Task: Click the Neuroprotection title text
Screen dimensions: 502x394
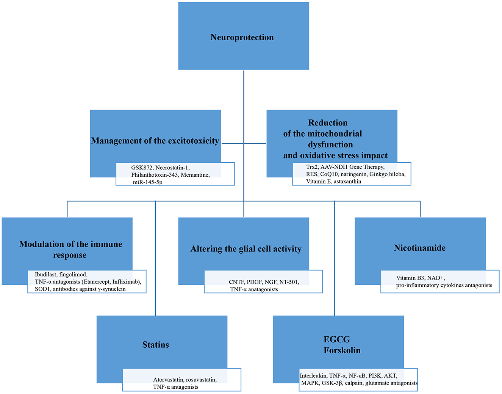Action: tap(242, 37)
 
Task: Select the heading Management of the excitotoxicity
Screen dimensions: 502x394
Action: tap(155, 141)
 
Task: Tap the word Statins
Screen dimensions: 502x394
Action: tap(155, 345)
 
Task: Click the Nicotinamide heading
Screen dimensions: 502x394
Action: tap(420, 248)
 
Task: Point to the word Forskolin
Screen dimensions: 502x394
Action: tap(342, 350)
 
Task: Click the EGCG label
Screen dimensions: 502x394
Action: tap(337, 339)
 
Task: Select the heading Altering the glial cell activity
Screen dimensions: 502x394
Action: tap(246, 249)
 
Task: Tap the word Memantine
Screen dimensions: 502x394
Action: tap(195, 175)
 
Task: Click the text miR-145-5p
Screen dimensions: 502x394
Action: tap(148, 182)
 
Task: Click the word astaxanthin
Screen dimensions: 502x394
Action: tap(347, 182)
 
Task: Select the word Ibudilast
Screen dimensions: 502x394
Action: tap(45, 275)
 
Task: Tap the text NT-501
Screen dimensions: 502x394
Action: tap(289, 282)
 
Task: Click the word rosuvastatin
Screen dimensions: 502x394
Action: tap(201, 380)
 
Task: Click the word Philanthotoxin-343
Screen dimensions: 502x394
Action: tap(155, 175)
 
